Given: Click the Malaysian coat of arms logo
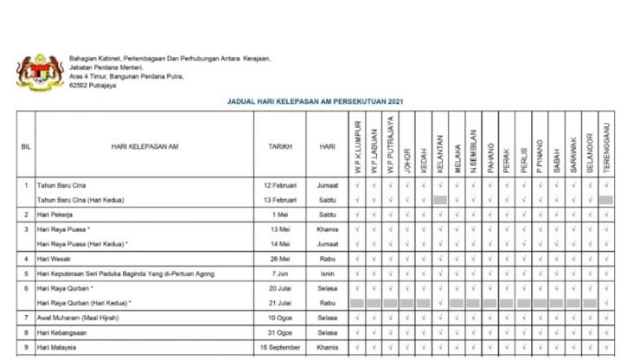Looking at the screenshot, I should (41, 73).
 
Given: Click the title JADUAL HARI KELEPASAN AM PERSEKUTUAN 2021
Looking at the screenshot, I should (316, 102).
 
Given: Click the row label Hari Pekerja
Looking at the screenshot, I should (54, 214).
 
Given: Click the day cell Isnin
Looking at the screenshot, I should (327, 273).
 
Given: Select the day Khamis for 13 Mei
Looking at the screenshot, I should (327, 229).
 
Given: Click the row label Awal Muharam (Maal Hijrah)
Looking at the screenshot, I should (78, 318).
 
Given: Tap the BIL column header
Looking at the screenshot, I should (26, 146).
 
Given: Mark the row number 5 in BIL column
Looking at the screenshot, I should (26, 273).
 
